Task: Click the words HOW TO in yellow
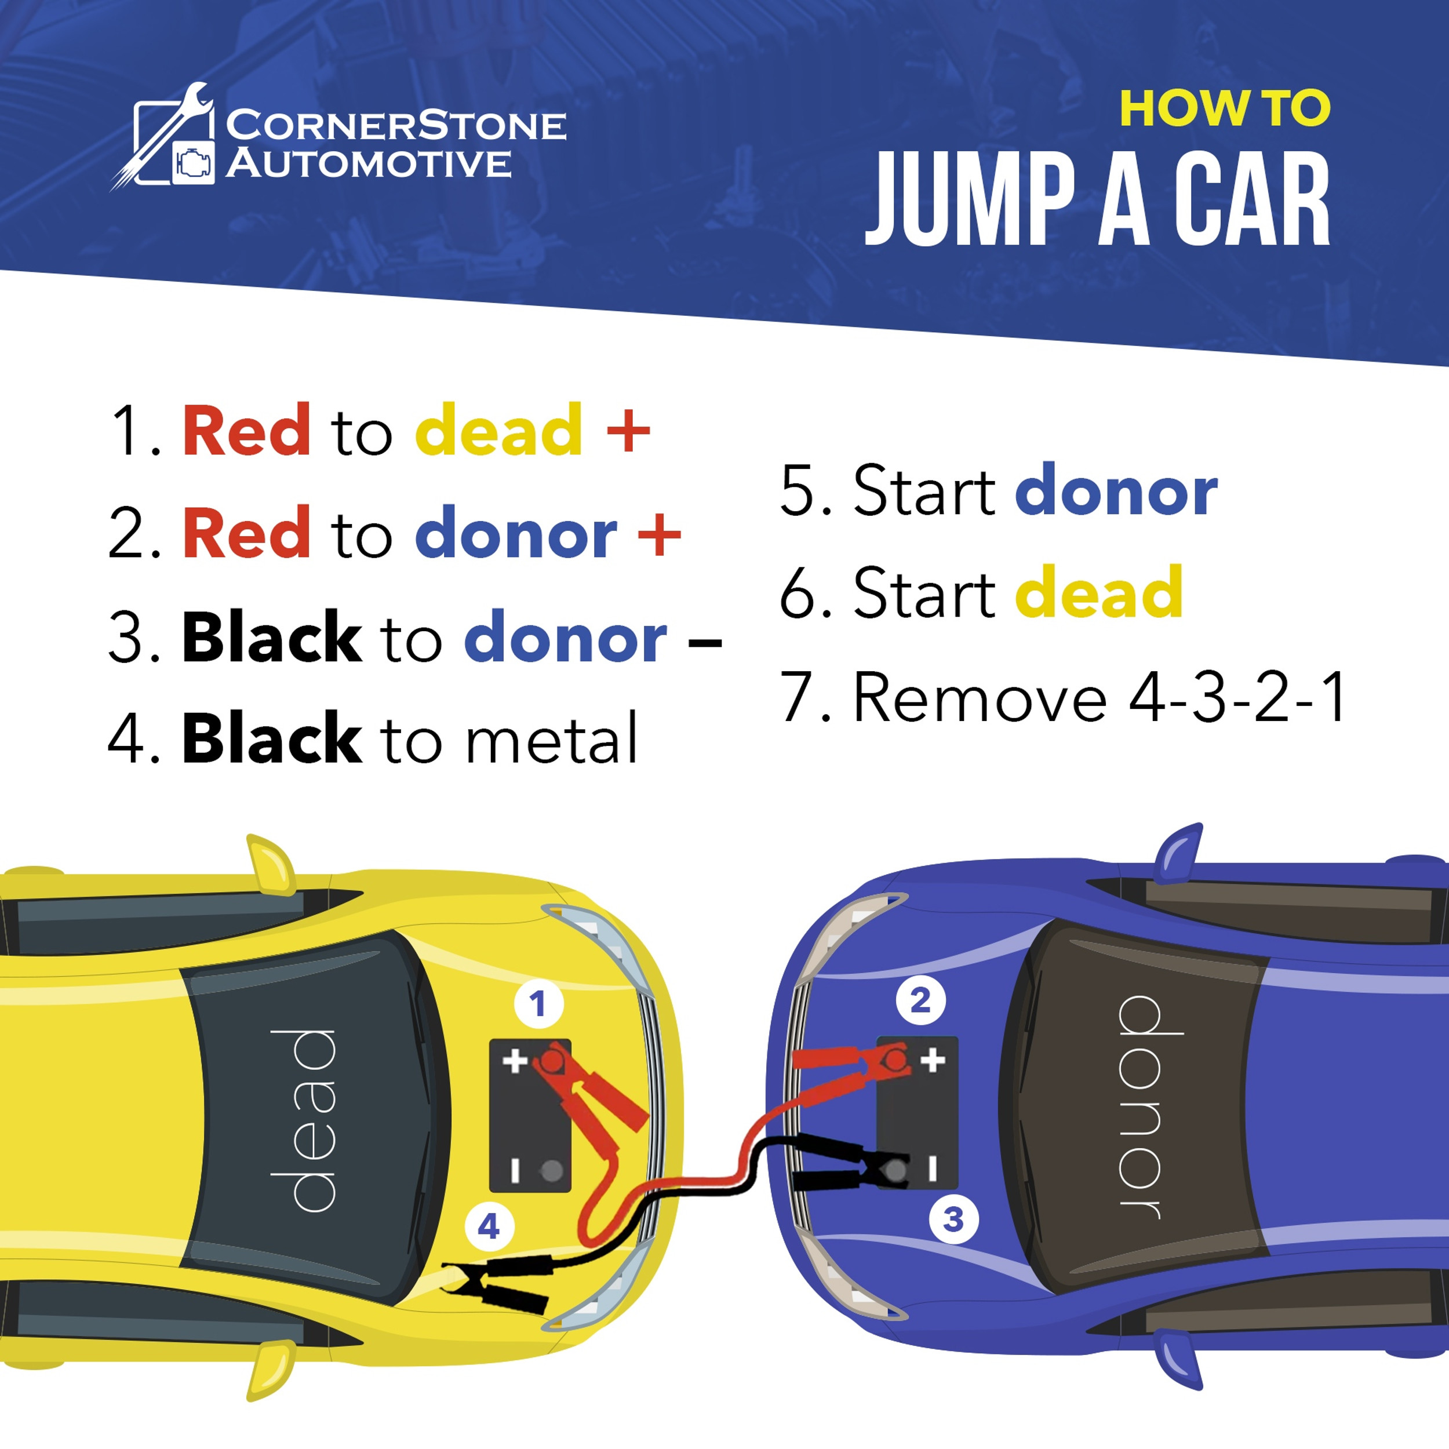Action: point(1224,110)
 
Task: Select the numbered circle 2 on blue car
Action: point(920,1000)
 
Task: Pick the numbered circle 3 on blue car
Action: point(952,1219)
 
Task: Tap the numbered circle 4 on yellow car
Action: point(489,1226)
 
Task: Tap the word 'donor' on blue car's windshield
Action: point(1140,1107)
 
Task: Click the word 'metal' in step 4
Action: point(551,740)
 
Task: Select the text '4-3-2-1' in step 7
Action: point(1237,697)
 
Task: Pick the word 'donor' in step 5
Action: point(1115,492)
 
